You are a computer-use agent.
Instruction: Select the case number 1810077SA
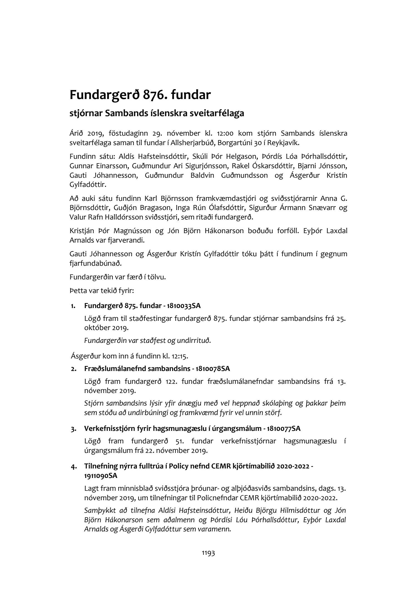pos(284,429)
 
